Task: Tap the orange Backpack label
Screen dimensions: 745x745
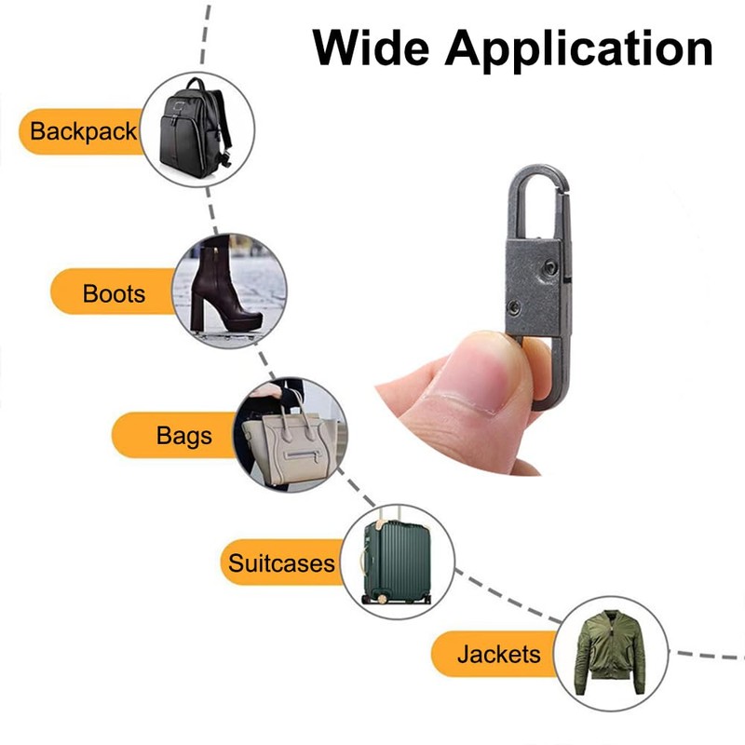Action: click(82, 131)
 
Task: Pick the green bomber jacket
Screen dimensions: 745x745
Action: click(610, 652)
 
